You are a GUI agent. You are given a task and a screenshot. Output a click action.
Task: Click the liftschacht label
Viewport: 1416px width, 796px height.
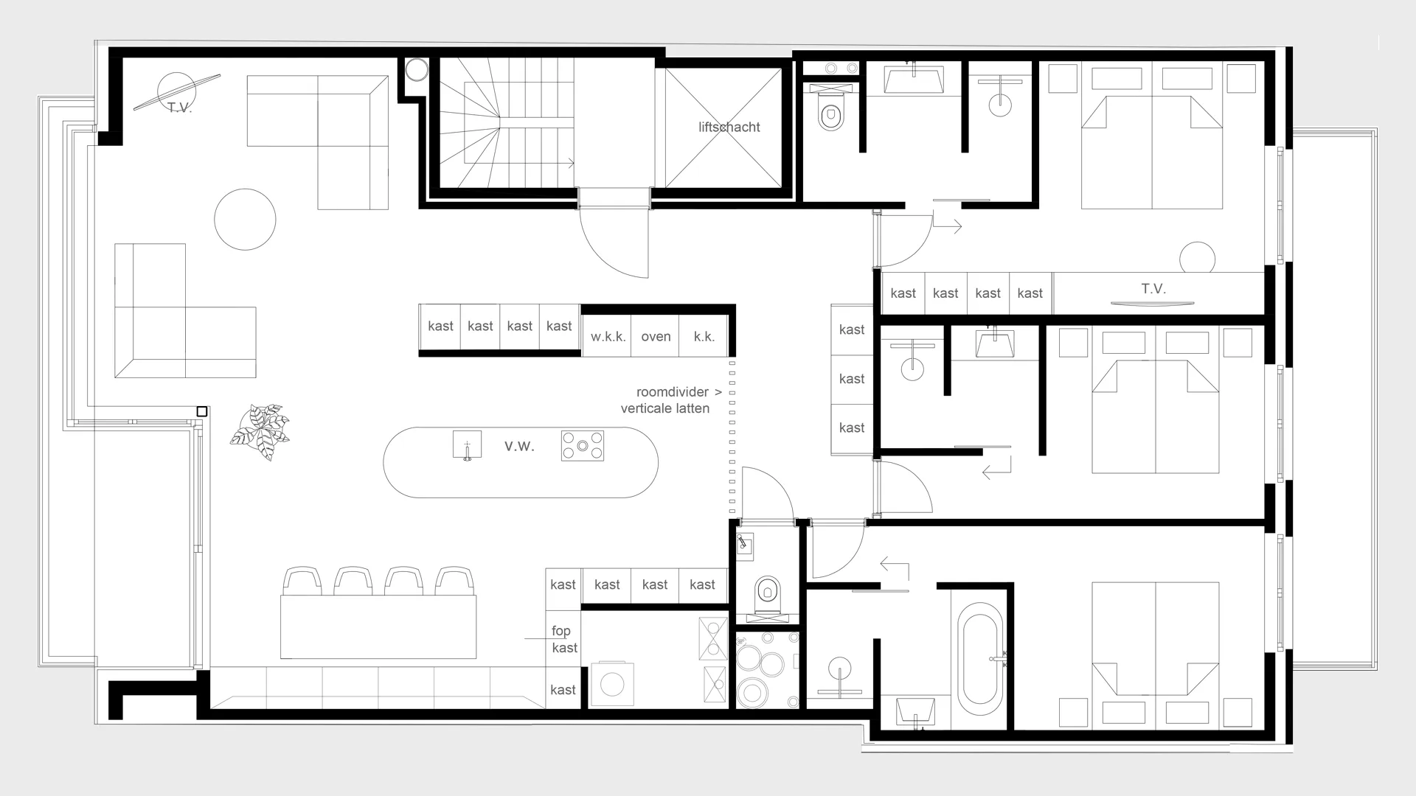pos(729,127)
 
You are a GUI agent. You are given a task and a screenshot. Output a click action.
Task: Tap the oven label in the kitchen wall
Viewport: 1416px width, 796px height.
pos(656,337)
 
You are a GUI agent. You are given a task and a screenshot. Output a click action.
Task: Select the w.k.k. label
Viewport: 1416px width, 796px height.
pos(608,337)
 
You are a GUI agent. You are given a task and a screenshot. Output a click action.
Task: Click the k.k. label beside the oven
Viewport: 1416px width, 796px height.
pos(704,337)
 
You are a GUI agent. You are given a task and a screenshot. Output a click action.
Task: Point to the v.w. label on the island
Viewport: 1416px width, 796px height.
pos(519,446)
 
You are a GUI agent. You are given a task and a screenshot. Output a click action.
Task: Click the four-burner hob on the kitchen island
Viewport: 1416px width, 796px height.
pos(583,446)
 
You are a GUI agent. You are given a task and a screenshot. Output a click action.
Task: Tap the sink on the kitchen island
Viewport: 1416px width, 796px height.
pos(467,446)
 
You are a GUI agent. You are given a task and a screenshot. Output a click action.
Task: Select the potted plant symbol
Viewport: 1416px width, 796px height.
pos(260,432)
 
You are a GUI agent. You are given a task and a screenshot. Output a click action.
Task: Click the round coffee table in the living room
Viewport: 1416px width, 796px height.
pos(245,219)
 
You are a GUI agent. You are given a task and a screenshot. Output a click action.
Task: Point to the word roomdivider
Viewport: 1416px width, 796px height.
pos(672,392)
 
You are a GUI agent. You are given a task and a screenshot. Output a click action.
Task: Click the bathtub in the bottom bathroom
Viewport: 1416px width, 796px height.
pos(980,659)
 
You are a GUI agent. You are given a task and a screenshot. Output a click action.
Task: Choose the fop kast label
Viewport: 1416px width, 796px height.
pos(564,639)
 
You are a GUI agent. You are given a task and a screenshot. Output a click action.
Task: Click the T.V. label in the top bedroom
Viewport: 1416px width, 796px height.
pos(1153,289)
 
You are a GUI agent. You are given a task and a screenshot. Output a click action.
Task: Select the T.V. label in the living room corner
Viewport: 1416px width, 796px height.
pos(179,108)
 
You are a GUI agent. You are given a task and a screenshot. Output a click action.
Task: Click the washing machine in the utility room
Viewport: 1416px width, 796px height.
pos(612,684)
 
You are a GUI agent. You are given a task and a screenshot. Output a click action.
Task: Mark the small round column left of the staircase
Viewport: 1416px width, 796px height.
pos(417,70)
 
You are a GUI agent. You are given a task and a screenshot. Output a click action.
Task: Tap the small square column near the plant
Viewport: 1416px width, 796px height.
pos(202,411)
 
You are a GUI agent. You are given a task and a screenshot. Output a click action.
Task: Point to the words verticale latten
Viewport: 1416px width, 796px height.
pos(665,408)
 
